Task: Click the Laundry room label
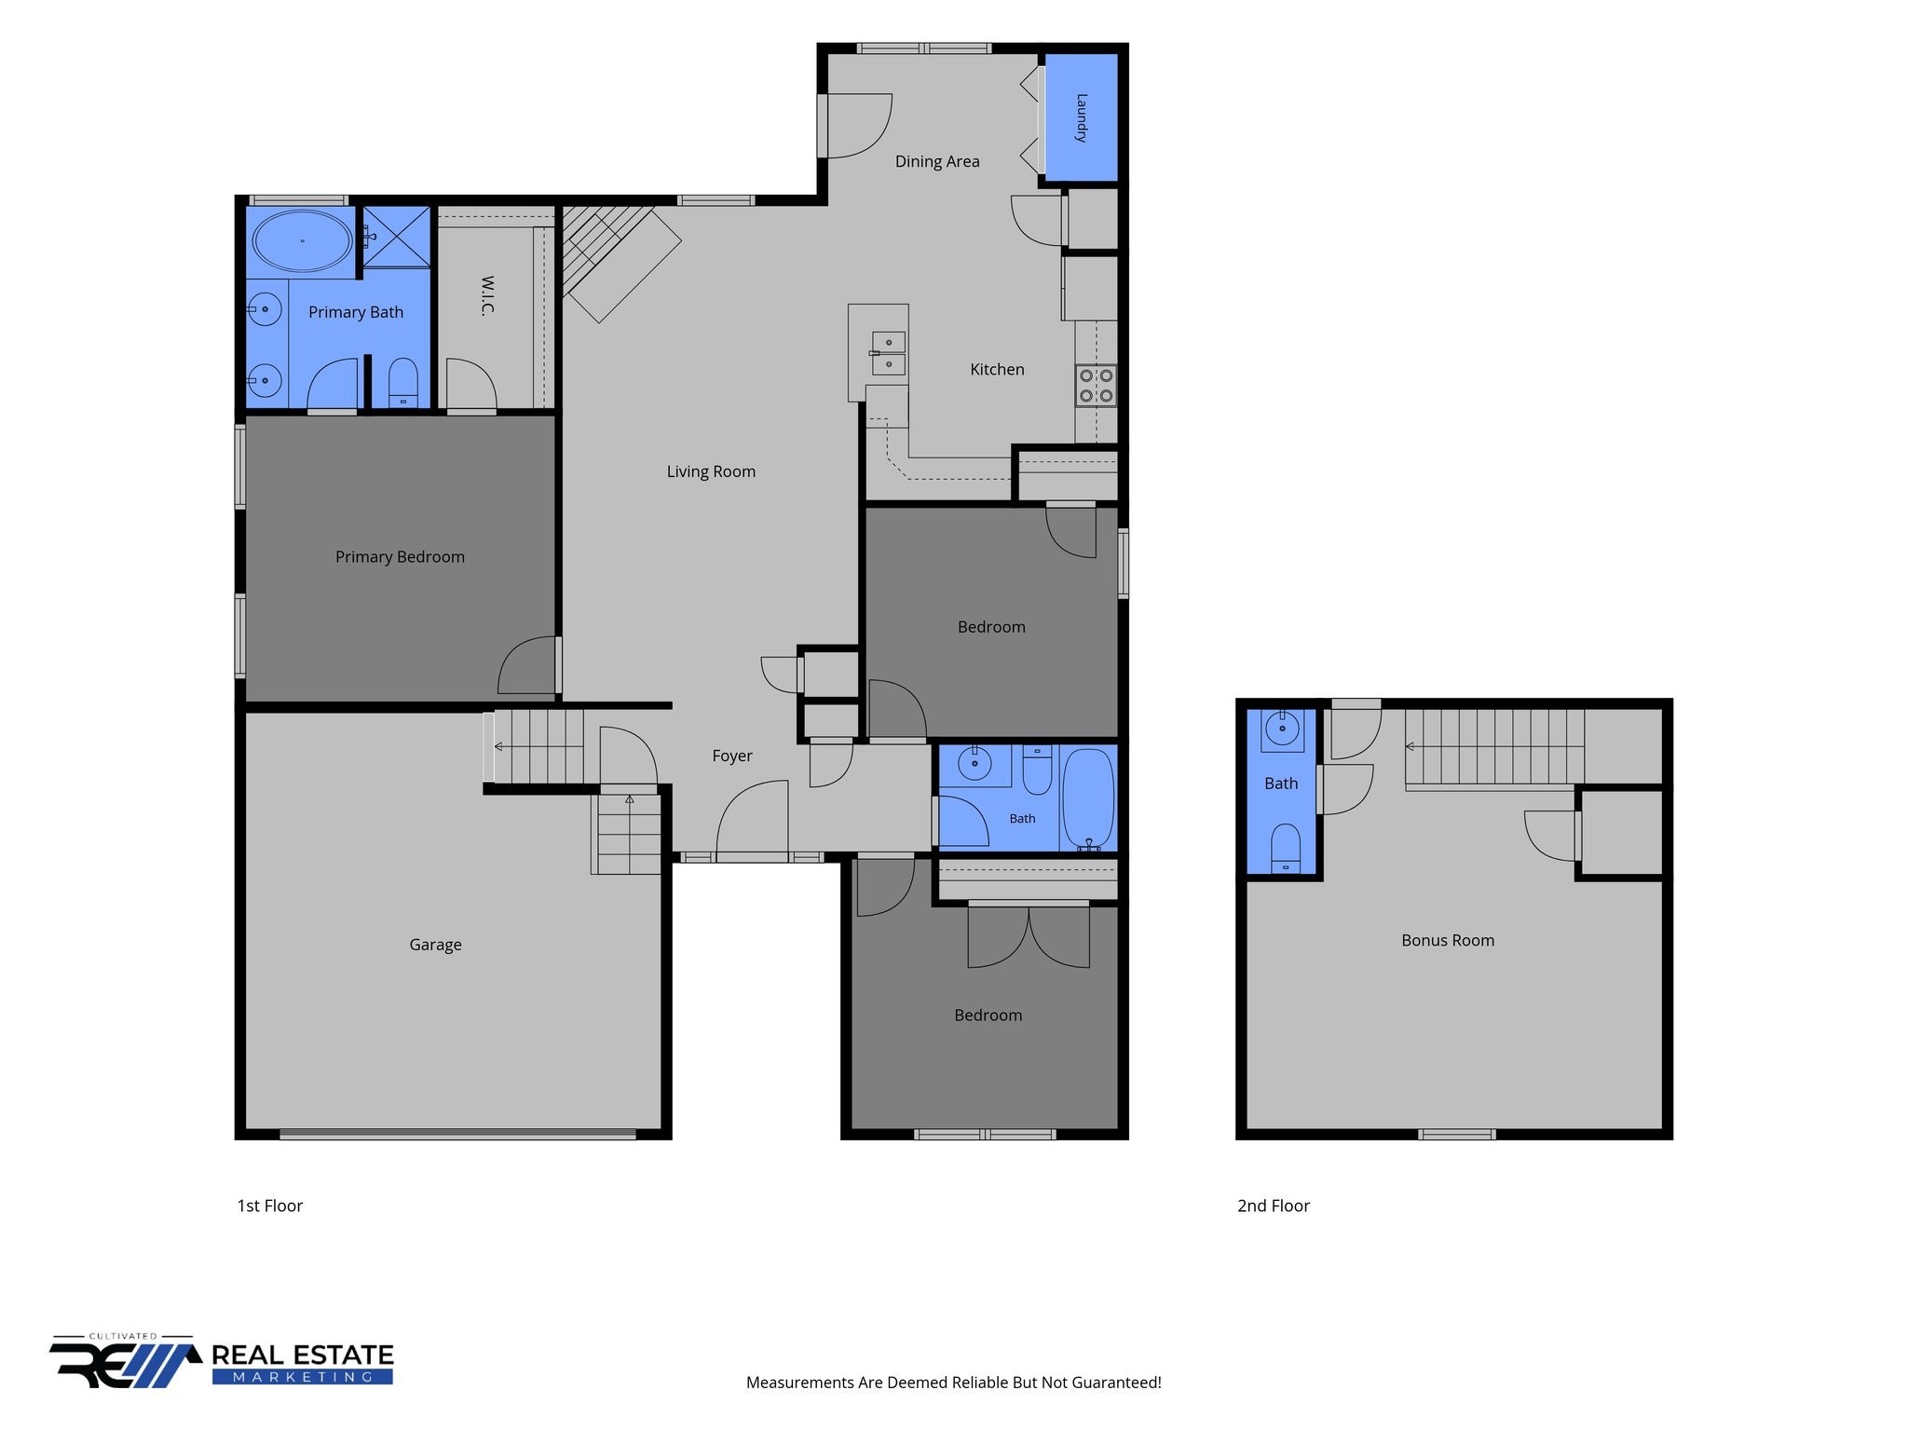pyautogui.click(x=1082, y=117)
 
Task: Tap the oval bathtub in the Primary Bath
pyautogui.click(x=302, y=241)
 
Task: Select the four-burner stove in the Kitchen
pyautogui.click(x=1096, y=386)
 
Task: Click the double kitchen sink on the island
pyautogui.click(x=888, y=353)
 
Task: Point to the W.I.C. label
pyautogui.click(x=487, y=295)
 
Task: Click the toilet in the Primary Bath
pyautogui.click(x=402, y=383)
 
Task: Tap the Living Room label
pyautogui.click(x=711, y=471)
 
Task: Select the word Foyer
pyautogui.click(x=732, y=756)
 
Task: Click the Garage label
pyautogui.click(x=435, y=945)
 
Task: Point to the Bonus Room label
pyautogui.click(x=1448, y=940)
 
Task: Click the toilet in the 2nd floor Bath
pyautogui.click(x=1286, y=848)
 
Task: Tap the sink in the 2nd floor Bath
pyautogui.click(x=1283, y=729)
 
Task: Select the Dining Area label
pyautogui.click(x=937, y=161)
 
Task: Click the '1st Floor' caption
pyautogui.click(x=270, y=1206)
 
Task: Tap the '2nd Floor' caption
pyautogui.click(x=1274, y=1206)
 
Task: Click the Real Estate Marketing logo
pyautogui.click(x=222, y=1362)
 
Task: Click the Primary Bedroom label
pyautogui.click(x=400, y=557)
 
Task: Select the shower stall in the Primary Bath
pyautogui.click(x=397, y=237)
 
